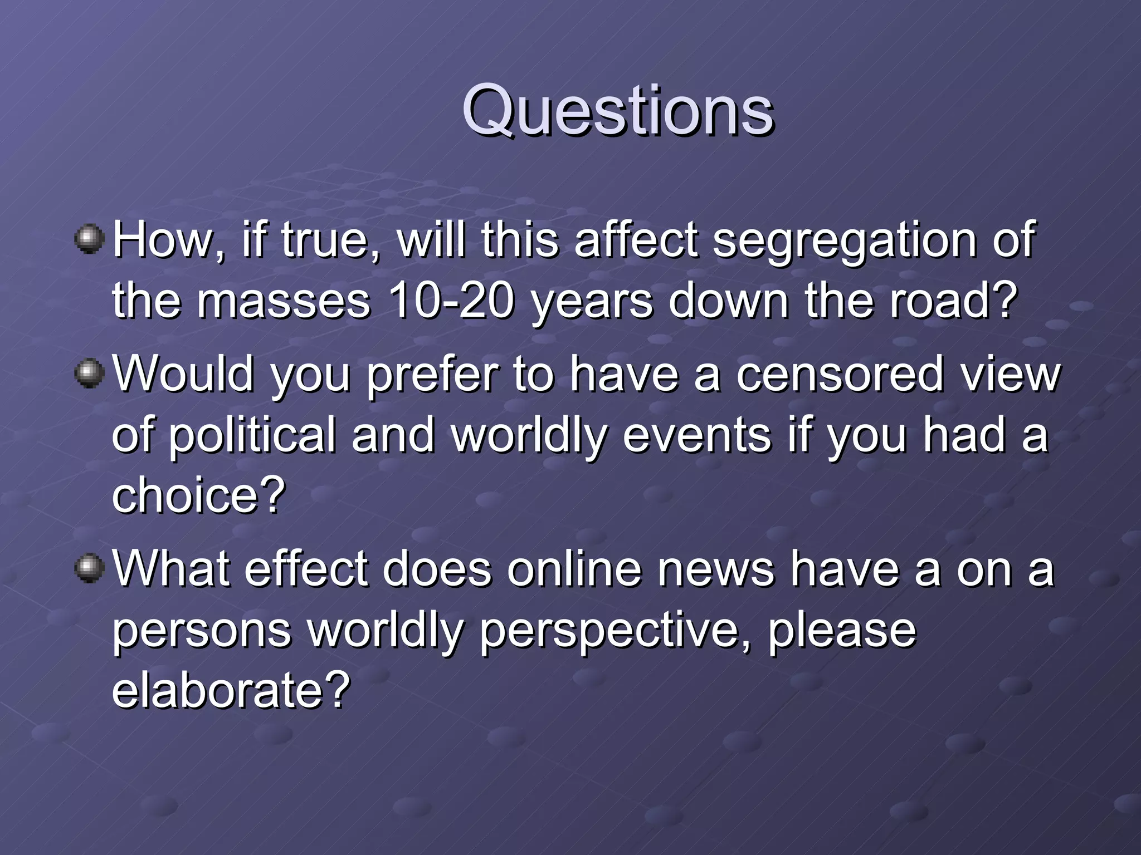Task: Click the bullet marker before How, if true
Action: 89,239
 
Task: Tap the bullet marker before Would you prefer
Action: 89,373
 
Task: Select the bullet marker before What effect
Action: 89,568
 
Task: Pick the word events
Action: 696,435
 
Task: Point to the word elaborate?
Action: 231,690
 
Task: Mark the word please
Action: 842,632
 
